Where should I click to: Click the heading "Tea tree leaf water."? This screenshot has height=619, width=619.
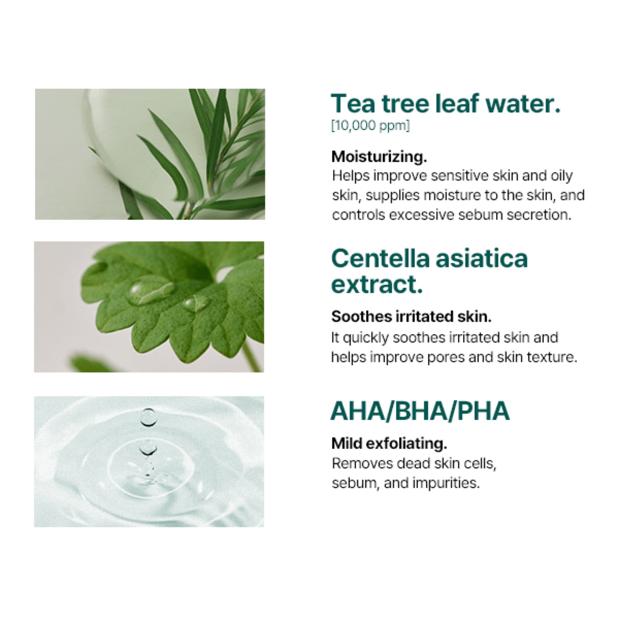(x=446, y=104)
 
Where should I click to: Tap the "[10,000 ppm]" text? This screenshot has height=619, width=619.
(x=371, y=126)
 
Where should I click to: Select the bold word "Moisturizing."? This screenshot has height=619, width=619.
(x=379, y=157)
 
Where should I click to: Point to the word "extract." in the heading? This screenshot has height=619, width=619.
(x=377, y=285)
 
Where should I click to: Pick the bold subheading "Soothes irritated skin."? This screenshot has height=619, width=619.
(x=411, y=317)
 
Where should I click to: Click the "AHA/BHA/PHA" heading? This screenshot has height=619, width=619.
(x=420, y=411)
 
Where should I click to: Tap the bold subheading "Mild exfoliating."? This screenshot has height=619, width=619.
(x=389, y=444)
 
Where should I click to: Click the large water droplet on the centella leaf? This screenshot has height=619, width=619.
(x=151, y=291)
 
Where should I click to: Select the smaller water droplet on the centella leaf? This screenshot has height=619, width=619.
(x=196, y=303)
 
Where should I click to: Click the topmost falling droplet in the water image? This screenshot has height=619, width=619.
(x=148, y=417)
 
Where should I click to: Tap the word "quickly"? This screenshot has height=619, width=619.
(x=366, y=338)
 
